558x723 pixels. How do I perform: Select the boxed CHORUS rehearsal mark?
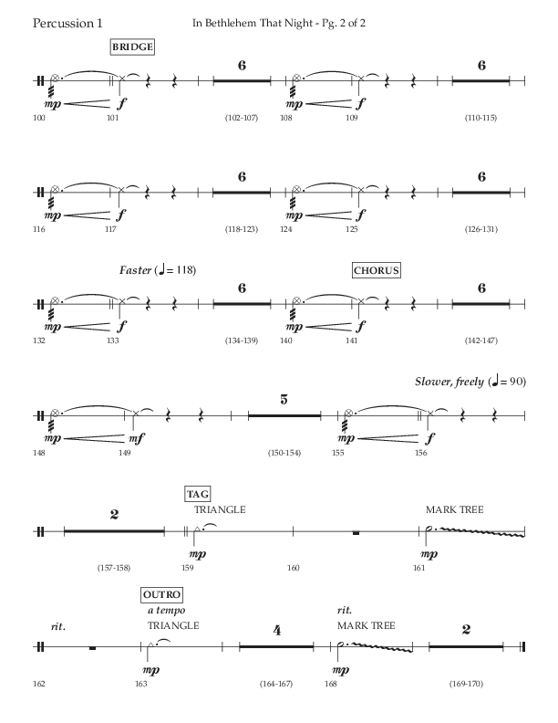(x=377, y=270)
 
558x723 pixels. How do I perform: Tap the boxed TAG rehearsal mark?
(x=197, y=494)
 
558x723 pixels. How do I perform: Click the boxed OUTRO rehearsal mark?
(x=160, y=595)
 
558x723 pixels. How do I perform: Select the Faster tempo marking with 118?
(x=157, y=270)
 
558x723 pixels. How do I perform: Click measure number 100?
(x=37, y=118)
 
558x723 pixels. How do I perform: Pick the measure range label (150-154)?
(x=284, y=453)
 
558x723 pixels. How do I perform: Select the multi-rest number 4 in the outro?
(x=275, y=629)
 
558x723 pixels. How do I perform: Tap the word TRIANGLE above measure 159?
(x=219, y=509)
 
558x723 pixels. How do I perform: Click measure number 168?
(x=336, y=683)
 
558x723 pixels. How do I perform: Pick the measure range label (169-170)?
(x=465, y=683)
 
